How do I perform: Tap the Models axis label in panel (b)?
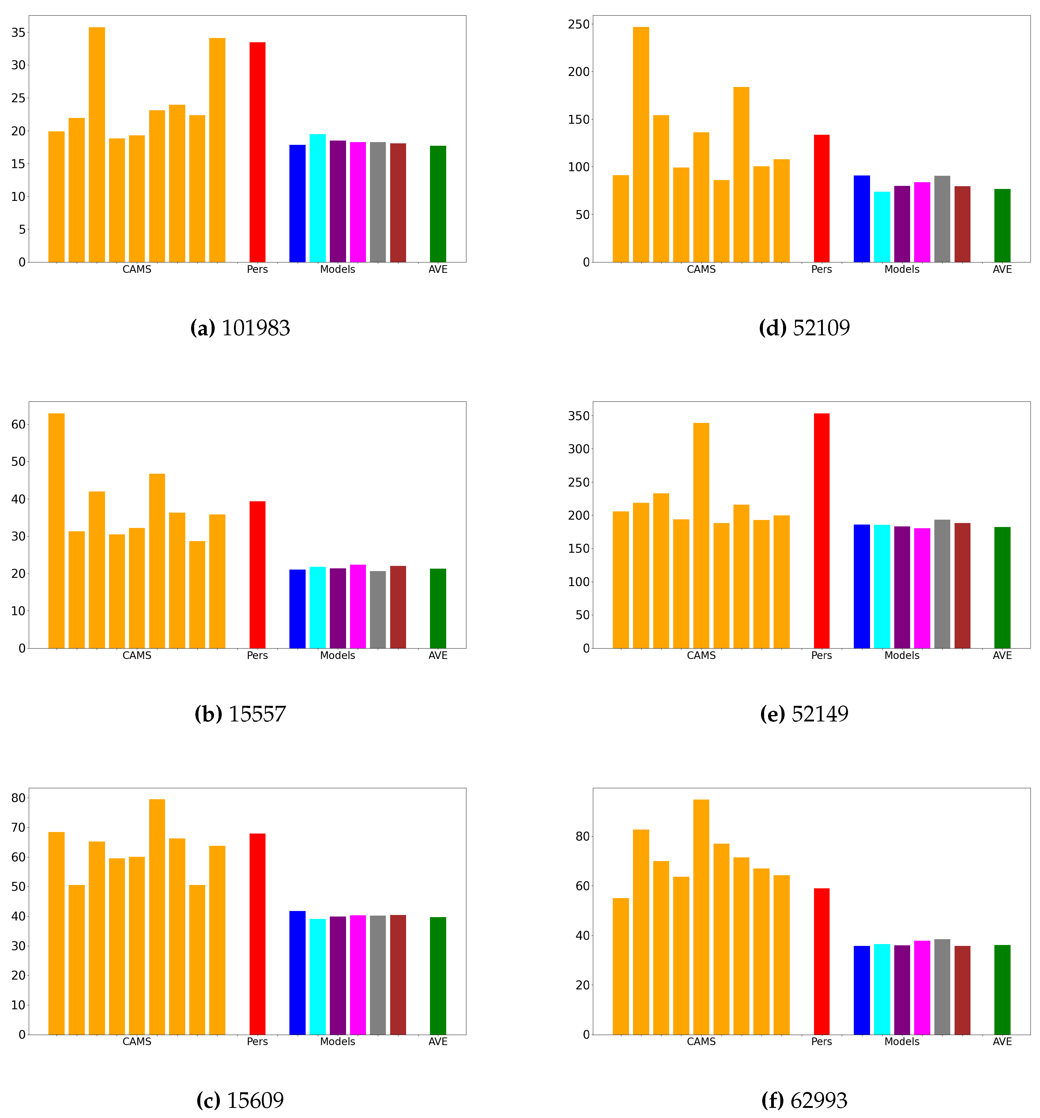click(x=337, y=655)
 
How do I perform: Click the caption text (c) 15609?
click(x=240, y=1100)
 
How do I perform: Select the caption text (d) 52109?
click(x=804, y=328)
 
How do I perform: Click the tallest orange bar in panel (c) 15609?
click(x=157, y=917)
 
